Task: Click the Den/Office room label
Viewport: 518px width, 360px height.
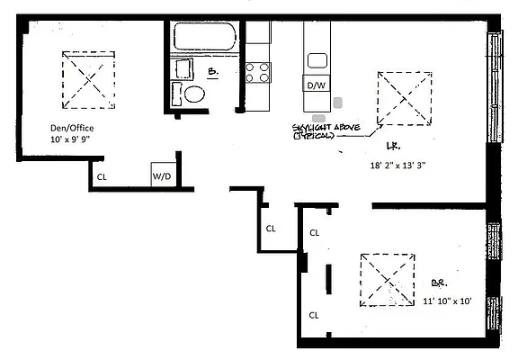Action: click(x=72, y=128)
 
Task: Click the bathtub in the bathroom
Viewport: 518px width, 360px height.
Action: click(x=203, y=39)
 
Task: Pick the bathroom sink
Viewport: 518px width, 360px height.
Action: click(x=183, y=69)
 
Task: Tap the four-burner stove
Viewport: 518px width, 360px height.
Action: click(x=257, y=71)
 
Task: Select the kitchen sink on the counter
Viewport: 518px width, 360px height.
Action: click(x=317, y=60)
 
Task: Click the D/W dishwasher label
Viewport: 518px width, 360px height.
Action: click(x=316, y=85)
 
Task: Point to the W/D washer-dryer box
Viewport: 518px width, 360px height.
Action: click(x=163, y=175)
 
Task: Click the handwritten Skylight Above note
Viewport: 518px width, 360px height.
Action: click(x=326, y=132)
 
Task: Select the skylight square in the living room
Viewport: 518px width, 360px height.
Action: click(x=404, y=99)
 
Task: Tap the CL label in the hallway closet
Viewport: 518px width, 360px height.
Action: click(x=270, y=228)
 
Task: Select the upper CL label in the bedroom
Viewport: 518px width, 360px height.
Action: click(x=314, y=232)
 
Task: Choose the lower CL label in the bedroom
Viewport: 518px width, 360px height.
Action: click(x=314, y=315)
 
